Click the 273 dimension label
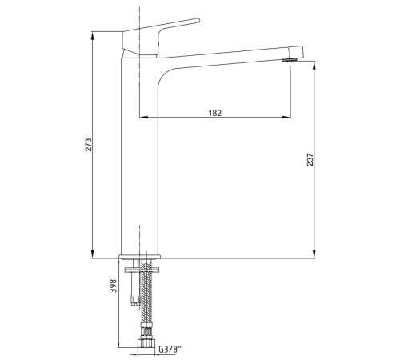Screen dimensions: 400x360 (88, 145)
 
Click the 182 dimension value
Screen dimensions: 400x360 (215, 113)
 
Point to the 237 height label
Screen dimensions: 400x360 (310, 159)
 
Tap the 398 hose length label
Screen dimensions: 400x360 (113, 286)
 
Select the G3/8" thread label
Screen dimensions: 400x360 (170, 349)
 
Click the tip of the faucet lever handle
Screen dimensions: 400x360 (198, 20)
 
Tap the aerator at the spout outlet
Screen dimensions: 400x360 (290, 59)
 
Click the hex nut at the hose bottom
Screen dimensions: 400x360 (146, 342)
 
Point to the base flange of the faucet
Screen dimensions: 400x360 (140, 257)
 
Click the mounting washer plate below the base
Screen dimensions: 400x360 (142, 270)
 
